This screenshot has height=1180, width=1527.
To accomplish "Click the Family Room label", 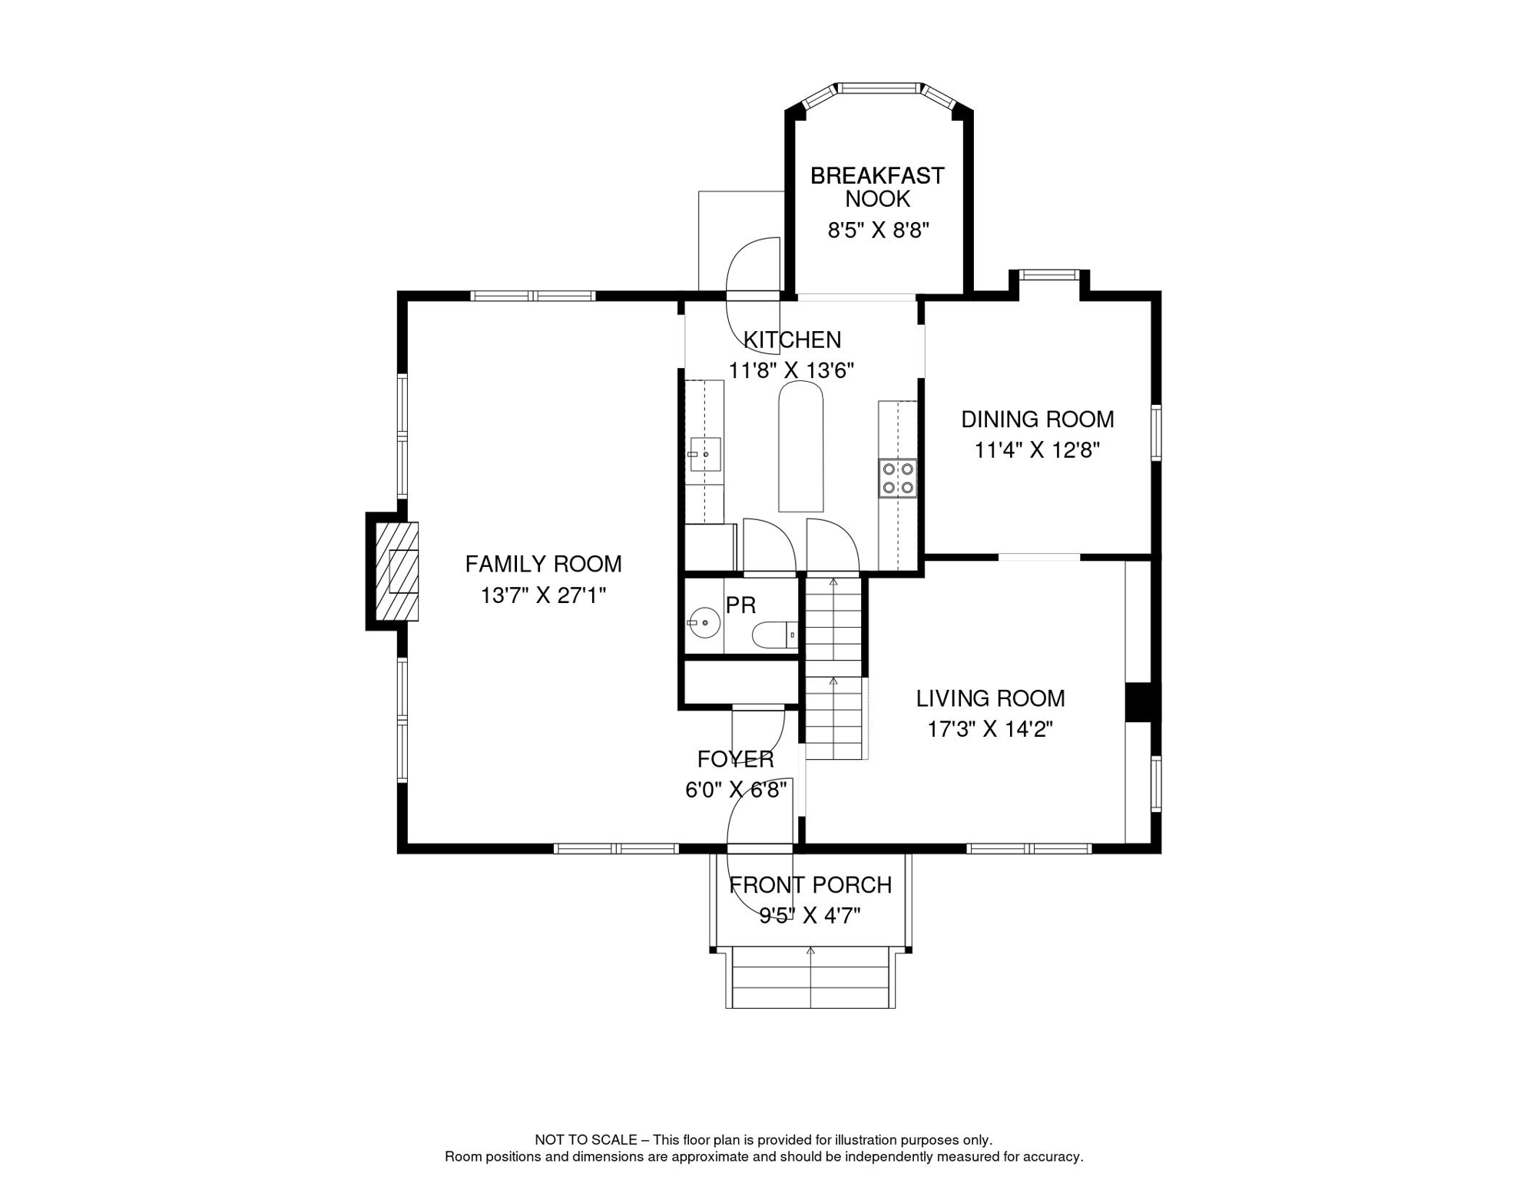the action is pos(543,565).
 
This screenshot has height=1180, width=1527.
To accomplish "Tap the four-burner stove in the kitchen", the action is pos(898,478).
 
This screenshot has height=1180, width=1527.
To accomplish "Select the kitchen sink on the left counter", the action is pos(704,454).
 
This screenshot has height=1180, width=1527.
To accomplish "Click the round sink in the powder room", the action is pos(704,622).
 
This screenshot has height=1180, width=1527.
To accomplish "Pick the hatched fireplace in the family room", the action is pos(396,571).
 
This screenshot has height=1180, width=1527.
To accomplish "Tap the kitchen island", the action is pos(801,446).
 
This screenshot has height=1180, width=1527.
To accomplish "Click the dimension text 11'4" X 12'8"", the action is pos(1037,450).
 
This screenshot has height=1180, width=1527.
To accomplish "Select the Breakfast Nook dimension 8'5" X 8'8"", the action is pos(878,230).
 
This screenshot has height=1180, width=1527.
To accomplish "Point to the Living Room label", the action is pos(990,698).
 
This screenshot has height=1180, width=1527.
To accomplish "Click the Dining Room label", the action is pos(1037,419).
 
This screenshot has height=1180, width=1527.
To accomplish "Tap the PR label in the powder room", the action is pos(740,605).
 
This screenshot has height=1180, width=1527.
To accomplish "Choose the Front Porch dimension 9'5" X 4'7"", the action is pos(810,916).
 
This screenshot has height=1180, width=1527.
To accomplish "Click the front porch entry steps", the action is pos(810,977).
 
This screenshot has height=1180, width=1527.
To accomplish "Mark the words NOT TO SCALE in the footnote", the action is pos(585,1140).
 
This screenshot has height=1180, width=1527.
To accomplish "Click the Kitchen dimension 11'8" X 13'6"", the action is pos(791,371).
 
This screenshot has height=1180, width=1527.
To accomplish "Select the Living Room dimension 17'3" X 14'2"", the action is pos(990,729).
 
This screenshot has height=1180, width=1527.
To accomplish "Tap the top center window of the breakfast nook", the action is pos(879,88).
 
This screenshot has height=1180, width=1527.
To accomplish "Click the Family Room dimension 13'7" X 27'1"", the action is pos(543,595).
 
